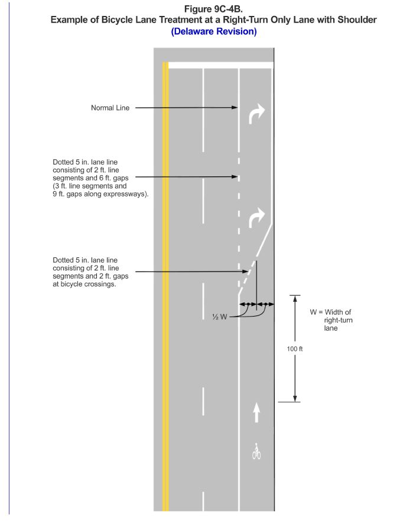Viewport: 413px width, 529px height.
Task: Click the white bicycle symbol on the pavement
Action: tap(256, 451)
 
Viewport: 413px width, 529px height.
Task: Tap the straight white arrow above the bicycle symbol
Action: tap(256, 412)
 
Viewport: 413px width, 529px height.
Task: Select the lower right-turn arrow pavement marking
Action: tap(257, 218)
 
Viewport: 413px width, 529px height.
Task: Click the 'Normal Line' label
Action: tap(110, 108)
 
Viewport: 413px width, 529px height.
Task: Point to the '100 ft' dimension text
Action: tap(295, 349)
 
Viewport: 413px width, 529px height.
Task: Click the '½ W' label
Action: tap(220, 317)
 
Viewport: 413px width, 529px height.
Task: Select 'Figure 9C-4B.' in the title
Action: tap(214, 8)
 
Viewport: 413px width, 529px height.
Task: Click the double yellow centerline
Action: tap(165, 284)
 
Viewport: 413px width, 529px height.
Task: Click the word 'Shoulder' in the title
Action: tap(356, 20)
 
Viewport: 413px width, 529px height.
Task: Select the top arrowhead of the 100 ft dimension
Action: tap(295, 298)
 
